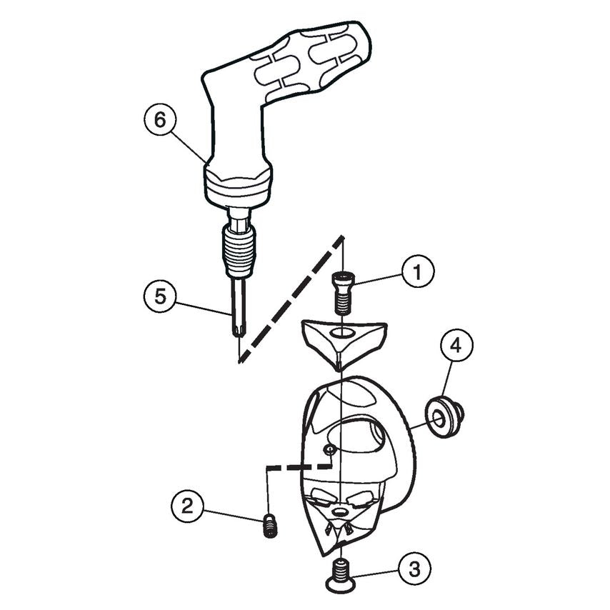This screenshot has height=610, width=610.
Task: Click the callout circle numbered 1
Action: click(417, 272)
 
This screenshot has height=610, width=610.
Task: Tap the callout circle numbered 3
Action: click(415, 569)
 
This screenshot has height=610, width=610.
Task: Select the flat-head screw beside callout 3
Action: click(342, 576)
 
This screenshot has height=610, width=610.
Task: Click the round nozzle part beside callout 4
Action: click(443, 418)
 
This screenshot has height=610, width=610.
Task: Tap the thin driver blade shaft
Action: click(239, 304)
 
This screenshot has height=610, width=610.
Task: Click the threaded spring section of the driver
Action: click(239, 246)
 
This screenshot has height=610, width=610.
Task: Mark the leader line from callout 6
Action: click(188, 143)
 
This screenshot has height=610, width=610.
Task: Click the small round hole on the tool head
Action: click(328, 449)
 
